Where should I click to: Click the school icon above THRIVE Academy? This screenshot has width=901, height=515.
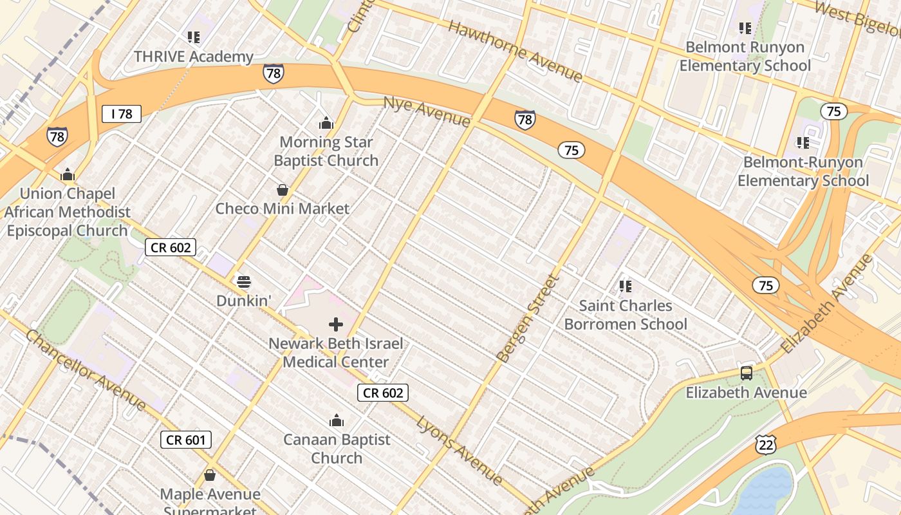[193, 37]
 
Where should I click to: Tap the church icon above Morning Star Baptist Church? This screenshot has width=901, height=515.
[326, 123]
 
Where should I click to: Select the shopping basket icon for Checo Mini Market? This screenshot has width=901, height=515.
[282, 190]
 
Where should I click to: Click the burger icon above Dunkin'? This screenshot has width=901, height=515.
[243, 282]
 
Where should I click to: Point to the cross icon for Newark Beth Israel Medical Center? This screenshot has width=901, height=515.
[335, 324]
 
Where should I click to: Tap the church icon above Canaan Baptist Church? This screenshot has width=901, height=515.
[336, 421]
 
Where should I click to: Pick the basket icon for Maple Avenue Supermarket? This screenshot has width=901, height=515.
[210, 476]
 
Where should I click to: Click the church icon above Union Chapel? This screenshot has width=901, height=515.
[68, 174]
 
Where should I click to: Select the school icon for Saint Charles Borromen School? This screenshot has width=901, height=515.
[625, 286]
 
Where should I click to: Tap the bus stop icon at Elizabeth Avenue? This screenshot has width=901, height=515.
[746, 373]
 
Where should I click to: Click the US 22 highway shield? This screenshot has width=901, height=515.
[766, 444]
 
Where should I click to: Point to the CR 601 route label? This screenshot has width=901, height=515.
[185, 440]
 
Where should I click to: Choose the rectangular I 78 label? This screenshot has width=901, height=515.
[122, 114]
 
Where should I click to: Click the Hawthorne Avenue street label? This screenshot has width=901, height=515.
[514, 51]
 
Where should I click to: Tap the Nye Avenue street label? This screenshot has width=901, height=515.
[427, 111]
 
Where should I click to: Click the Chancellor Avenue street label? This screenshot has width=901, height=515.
[86, 370]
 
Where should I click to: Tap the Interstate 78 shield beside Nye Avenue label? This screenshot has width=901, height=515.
[525, 120]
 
